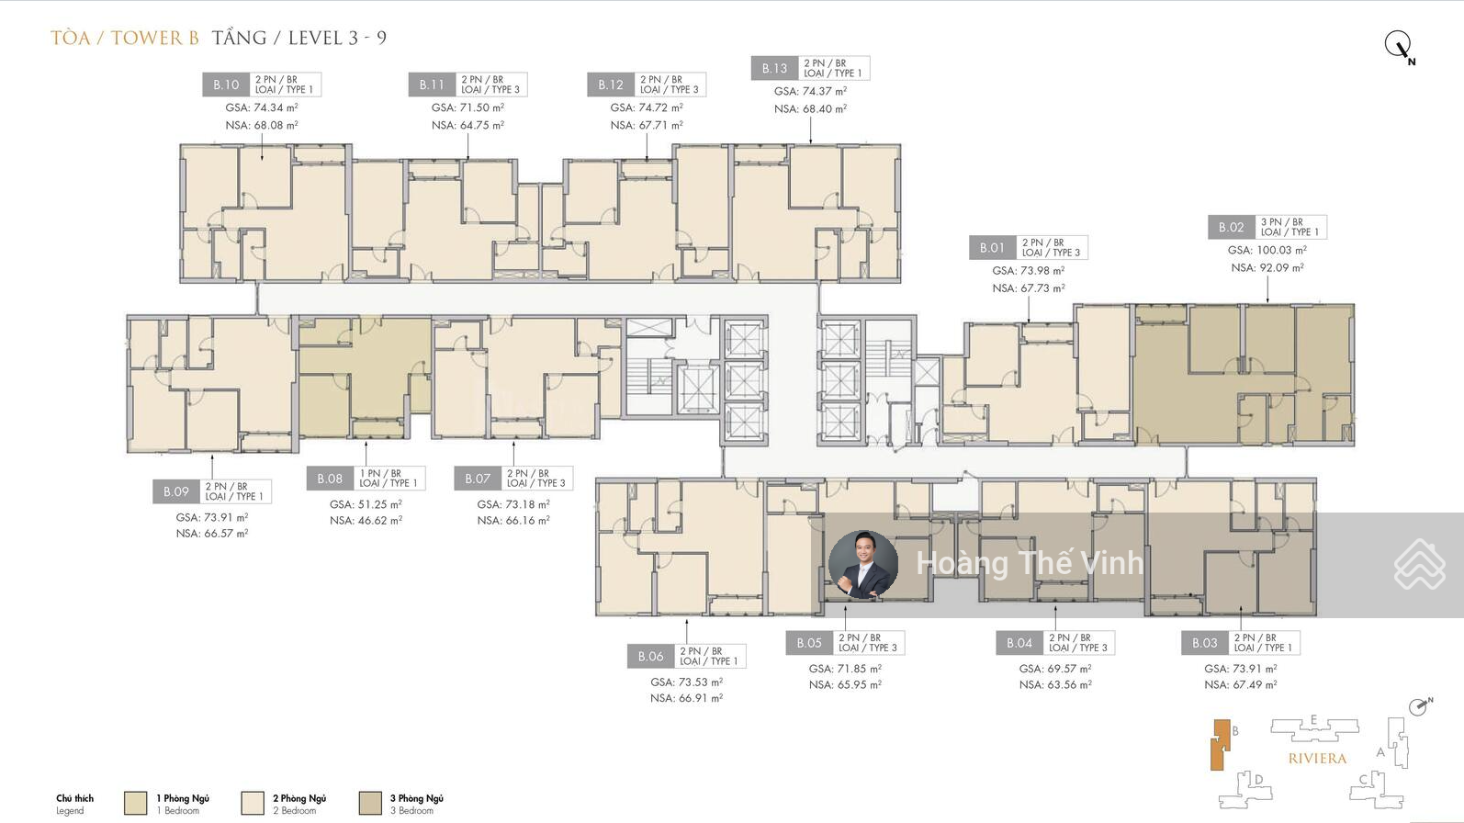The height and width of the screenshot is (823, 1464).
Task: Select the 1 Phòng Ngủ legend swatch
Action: point(135,804)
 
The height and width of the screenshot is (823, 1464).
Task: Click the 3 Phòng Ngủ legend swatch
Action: point(370,804)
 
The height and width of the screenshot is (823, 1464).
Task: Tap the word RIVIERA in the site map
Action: point(1317,759)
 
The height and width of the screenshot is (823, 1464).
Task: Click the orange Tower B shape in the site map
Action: point(1220,745)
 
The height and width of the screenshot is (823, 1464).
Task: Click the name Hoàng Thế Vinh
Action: point(1030,563)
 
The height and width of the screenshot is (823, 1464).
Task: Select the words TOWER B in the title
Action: point(155,38)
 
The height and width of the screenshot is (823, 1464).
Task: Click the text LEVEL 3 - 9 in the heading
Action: point(337,38)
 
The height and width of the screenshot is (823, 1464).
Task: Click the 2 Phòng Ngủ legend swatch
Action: point(253,804)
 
